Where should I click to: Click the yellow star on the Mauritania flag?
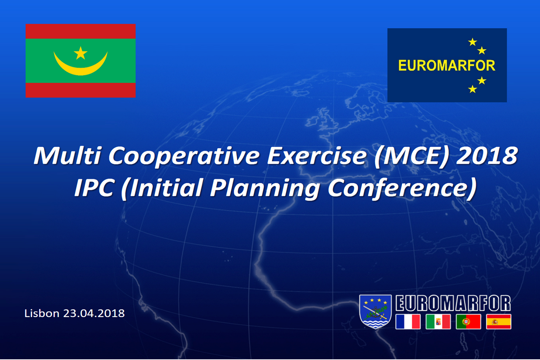[x=81, y=53]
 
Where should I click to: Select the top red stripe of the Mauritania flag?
[x=81, y=31]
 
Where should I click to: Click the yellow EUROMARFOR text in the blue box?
[x=447, y=66]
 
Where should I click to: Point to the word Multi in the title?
[x=67, y=155]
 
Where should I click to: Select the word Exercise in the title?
[x=317, y=155]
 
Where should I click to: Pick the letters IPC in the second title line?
[x=94, y=188]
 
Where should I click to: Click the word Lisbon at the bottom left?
[x=42, y=313]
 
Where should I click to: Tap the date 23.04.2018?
[x=94, y=313]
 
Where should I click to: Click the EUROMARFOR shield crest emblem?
[x=375, y=311]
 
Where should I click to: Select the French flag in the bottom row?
[x=408, y=322]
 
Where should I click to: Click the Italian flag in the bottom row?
[x=438, y=322]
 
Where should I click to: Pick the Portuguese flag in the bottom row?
[x=468, y=322]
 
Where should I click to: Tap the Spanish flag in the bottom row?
[x=499, y=322]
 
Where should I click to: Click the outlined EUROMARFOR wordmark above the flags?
[x=453, y=303]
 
